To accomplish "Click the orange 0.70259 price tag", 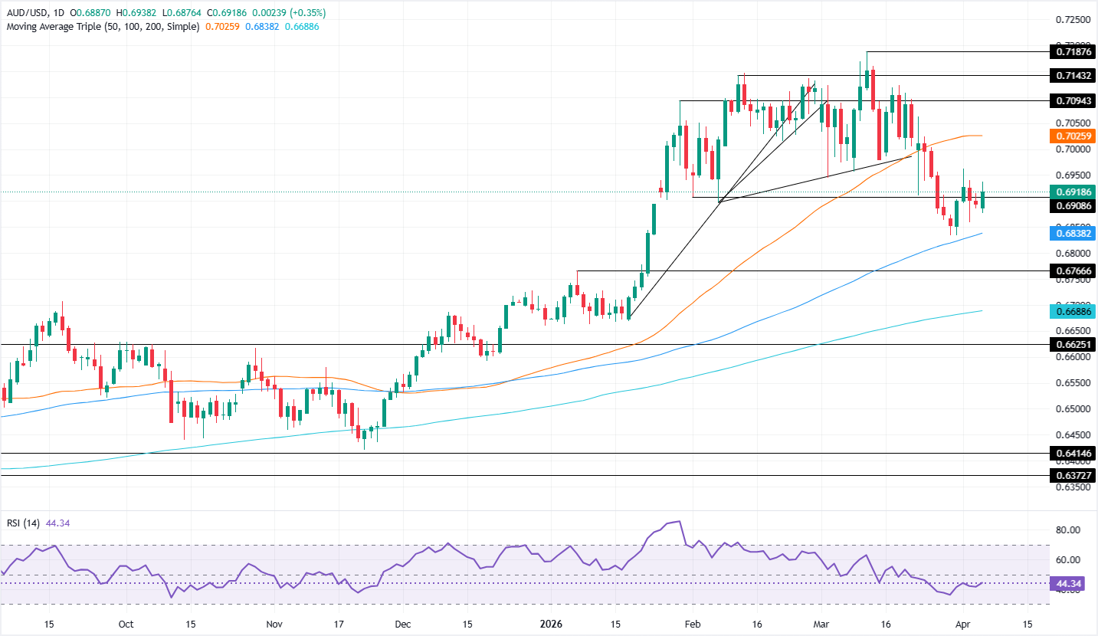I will point(1071,136).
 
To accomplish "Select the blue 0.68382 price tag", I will point(1071,234).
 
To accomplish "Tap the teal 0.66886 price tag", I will point(1071,310).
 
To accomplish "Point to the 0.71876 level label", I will point(1071,52).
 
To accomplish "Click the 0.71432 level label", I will point(1071,76).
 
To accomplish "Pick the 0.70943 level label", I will point(1071,100).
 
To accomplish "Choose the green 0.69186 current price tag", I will point(1071,192).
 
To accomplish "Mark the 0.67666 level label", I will point(1071,270).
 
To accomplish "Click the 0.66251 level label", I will point(1071,345).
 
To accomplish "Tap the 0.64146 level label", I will point(1071,454).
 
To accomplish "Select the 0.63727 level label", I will point(1071,475).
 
